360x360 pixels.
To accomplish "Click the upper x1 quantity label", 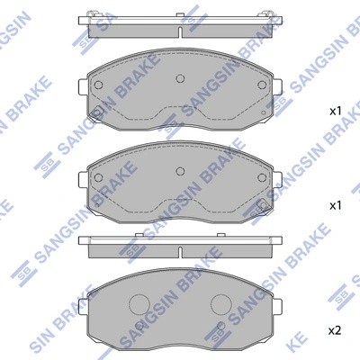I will coord(335,112).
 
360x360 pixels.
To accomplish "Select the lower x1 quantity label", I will coord(335,206).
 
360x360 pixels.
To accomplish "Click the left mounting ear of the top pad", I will coord(82,87).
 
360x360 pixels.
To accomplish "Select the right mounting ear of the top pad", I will coord(276,87).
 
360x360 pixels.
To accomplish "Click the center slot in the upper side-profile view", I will coord(179,31).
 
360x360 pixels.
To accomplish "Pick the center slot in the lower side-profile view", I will coord(179,249).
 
